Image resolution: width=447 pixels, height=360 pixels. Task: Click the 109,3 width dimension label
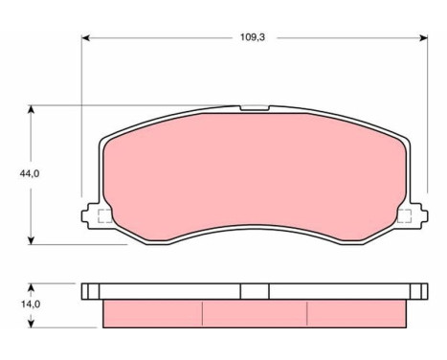point(253,37)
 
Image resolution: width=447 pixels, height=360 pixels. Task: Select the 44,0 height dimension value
point(30,173)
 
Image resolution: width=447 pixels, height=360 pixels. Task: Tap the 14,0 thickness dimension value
point(31,304)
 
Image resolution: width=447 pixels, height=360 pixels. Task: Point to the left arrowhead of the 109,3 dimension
point(85,38)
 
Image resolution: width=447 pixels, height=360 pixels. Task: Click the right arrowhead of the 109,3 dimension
point(424,38)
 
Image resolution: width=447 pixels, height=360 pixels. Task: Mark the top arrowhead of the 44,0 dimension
point(31,109)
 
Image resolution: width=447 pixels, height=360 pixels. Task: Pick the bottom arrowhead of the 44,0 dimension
point(31,240)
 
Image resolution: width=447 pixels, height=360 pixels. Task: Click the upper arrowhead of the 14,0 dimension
point(31,287)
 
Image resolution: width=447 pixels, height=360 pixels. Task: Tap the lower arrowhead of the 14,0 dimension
point(31,324)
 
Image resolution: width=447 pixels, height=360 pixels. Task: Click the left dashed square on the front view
point(105,216)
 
